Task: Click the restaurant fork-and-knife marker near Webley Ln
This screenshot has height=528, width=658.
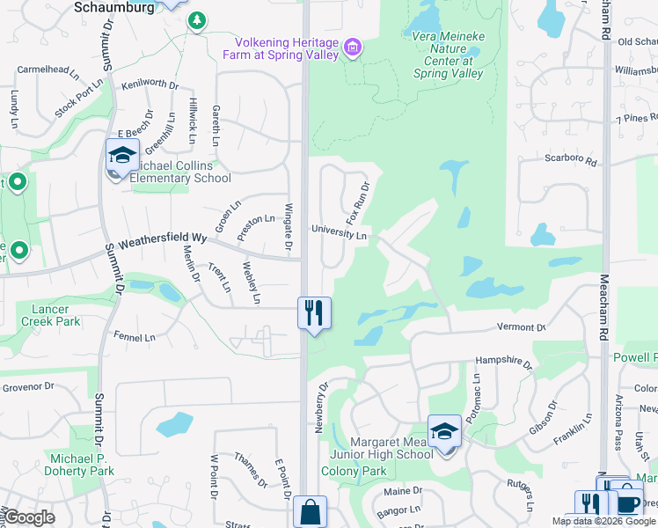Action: (314, 312)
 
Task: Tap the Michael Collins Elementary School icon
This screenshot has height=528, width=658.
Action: (121, 157)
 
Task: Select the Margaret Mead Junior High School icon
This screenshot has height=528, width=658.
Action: (445, 431)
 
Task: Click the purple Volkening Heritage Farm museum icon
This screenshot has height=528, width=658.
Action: (353, 47)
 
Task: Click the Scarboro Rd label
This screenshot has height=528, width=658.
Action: (571, 162)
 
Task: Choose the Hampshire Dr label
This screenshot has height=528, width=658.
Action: (503, 362)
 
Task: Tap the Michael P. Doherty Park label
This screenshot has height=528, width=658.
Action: (83, 465)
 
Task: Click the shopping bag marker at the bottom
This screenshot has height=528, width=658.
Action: (310, 512)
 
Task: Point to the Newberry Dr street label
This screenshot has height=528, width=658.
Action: (320, 407)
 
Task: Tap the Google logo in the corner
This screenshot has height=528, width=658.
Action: (30, 517)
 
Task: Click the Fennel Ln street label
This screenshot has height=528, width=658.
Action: (135, 336)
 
